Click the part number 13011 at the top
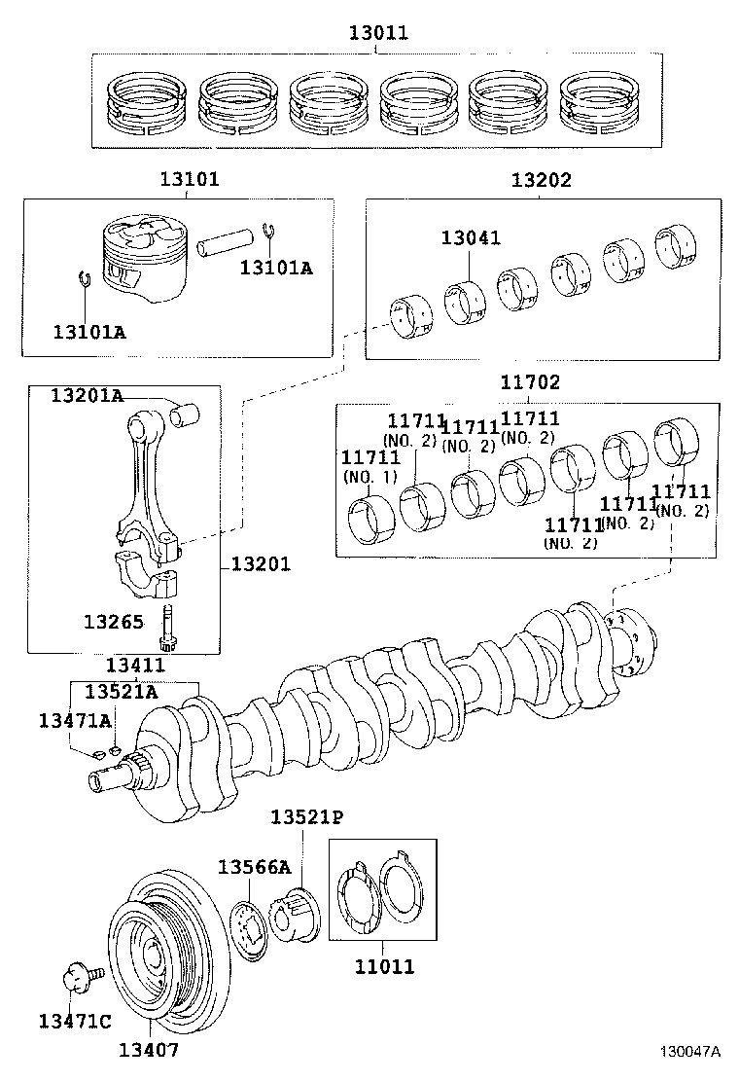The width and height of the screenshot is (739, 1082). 378,33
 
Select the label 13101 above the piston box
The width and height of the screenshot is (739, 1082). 190,179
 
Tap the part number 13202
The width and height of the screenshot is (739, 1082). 542,179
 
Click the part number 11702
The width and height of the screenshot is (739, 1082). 530,382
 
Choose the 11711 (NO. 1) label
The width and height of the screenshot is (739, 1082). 369,466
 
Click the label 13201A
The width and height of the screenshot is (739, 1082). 88,394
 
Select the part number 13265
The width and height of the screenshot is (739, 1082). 114,621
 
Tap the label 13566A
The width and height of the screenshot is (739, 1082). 254,867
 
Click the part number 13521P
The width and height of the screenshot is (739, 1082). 307,816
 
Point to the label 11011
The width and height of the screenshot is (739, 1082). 384,966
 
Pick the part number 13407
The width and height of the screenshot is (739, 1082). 149,1049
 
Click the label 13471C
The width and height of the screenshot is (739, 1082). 75,1020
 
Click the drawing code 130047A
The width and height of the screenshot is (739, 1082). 690,1052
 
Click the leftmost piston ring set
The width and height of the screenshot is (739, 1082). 147,100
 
